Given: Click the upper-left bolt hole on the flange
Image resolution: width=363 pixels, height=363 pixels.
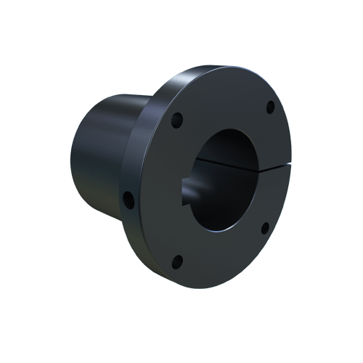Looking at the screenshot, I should coord(175,118).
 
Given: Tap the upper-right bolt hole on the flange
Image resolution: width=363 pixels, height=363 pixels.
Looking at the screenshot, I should coord(270,107).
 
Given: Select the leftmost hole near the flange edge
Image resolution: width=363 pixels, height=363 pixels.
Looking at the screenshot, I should coord(129,197).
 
